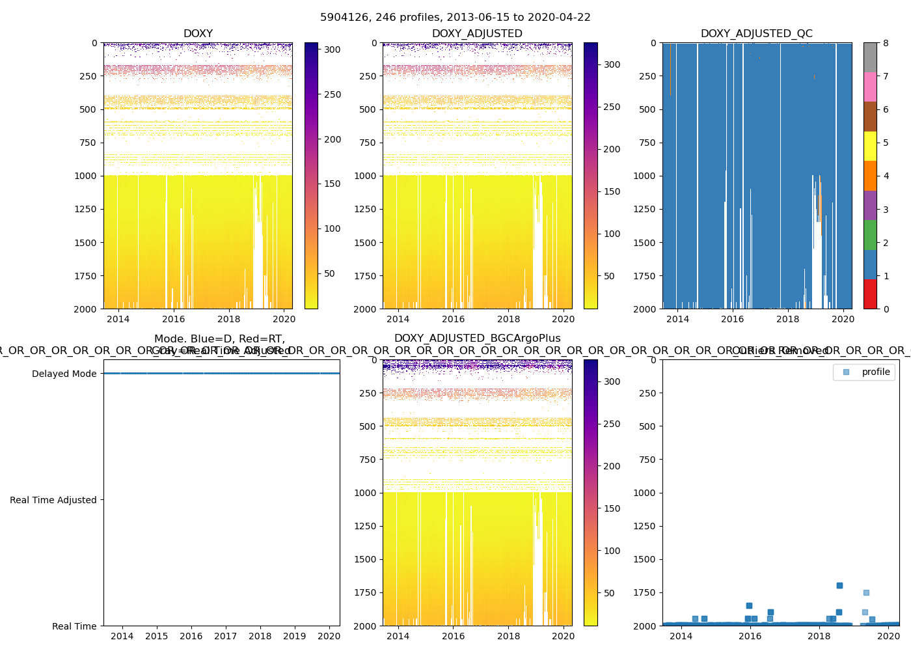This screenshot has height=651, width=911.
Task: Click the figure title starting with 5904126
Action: point(455,18)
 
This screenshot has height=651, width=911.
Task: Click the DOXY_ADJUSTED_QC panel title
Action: point(756,34)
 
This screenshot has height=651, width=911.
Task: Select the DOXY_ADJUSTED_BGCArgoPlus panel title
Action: point(477,339)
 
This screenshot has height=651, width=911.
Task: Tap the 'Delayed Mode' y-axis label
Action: point(64,374)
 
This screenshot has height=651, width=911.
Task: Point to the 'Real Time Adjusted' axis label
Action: point(53,500)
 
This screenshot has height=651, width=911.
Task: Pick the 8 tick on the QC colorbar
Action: point(886,44)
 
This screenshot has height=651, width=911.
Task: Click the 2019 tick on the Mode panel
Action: point(295,636)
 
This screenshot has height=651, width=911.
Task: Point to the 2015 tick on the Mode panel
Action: point(157,636)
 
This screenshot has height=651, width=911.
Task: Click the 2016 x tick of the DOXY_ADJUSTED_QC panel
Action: point(732,319)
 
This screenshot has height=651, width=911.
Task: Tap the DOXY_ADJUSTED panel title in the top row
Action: point(477,34)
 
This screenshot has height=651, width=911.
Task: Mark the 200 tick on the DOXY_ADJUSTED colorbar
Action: point(612,149)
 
